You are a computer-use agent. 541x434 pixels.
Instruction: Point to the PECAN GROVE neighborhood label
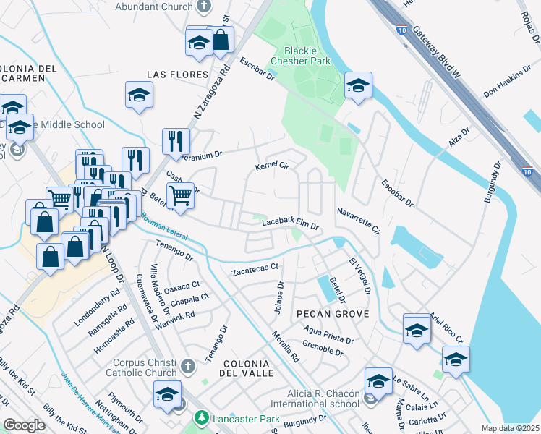click(333, 314)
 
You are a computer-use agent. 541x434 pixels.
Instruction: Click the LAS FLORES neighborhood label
click(177, 75)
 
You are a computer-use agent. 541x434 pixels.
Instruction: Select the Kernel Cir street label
click(272, 167)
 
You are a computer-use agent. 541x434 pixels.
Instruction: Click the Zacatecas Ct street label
click(255, 271)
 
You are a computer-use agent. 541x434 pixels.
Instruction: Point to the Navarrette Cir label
click(358, 220)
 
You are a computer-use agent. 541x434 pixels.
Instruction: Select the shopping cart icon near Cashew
click(180, 194)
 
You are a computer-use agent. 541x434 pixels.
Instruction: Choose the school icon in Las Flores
click(139, 94)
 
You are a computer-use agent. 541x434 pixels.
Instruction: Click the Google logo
click(25, 425)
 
